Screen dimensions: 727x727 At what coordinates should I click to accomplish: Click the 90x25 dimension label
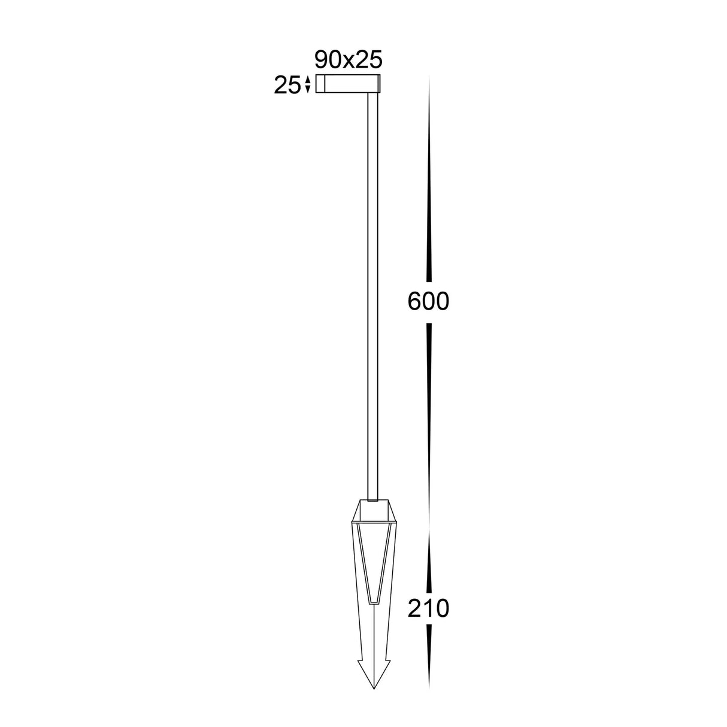[x=348, y=60]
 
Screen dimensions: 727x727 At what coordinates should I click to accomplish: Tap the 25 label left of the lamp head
[x=286, y=86]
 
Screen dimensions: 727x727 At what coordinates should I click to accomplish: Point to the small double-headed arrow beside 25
[x=308, y=85]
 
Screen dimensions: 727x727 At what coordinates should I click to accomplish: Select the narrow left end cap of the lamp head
[x=320, y=85]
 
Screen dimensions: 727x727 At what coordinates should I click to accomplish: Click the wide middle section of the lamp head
[x=348, y=85]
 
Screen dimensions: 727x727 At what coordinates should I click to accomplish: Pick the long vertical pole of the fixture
[x=374, y=287]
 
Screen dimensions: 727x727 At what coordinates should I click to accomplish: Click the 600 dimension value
[x=428, y=302]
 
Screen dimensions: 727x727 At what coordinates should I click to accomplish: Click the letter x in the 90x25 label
[x=348, y=60]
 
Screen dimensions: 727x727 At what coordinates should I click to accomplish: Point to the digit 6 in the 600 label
[x=414, y=302]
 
